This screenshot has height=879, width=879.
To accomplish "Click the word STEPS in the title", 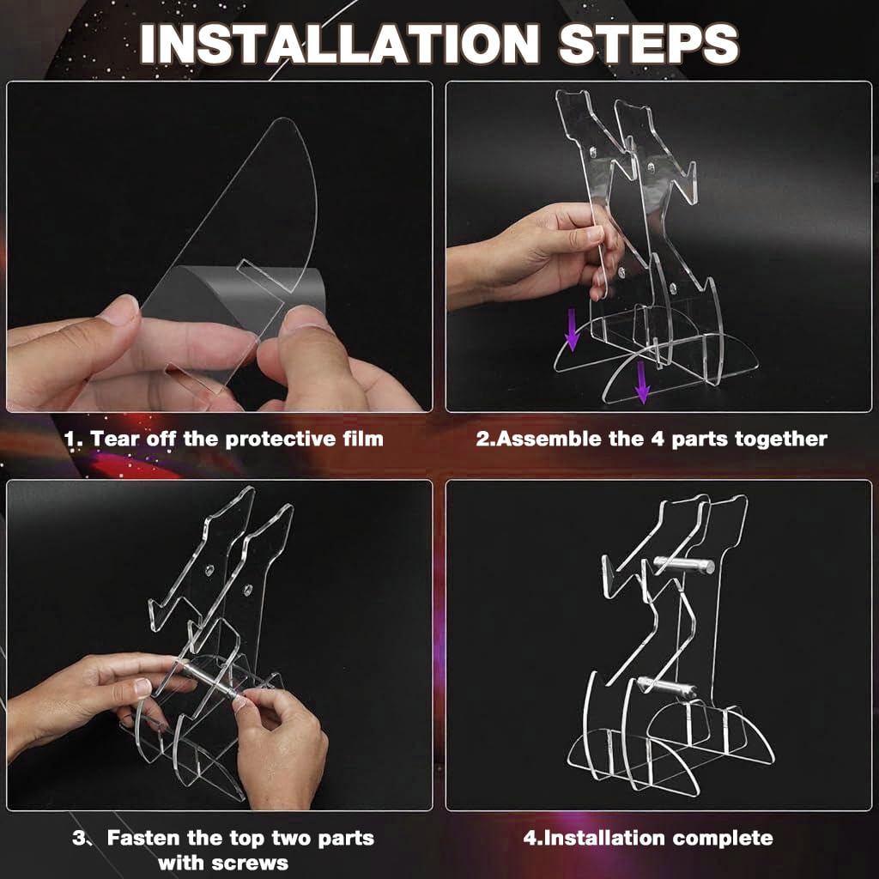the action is pos(649,45).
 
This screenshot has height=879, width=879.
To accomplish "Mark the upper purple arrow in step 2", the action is pos(573,330).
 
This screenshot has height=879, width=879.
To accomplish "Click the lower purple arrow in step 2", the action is pos(642,382).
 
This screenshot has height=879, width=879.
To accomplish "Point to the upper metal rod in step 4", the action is pos(684,565).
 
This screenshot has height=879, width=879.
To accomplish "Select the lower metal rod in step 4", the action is pos(666,688).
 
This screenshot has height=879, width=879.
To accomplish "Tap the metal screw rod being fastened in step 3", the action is pos(208,680).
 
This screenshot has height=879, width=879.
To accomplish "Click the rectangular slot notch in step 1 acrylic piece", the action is pos(264,276).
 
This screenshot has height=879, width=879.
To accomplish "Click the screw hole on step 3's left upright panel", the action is pos(209,571).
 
